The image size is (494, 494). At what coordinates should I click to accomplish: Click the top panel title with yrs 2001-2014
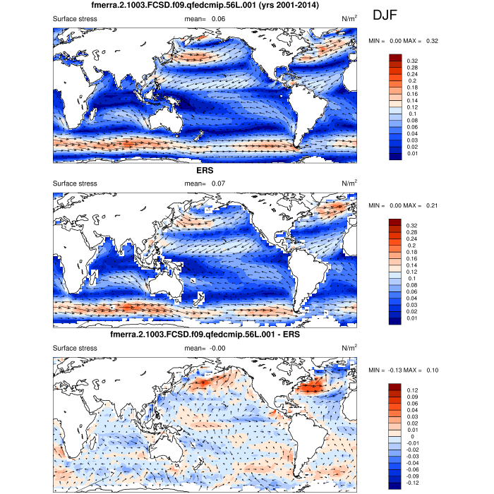click(x=205, y=6)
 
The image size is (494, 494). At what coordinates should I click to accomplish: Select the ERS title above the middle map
click(x=205, y=170)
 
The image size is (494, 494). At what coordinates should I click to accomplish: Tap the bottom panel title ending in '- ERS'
click(x=205, y=335)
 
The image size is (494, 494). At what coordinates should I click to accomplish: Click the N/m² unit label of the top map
click(x=349, y=18)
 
